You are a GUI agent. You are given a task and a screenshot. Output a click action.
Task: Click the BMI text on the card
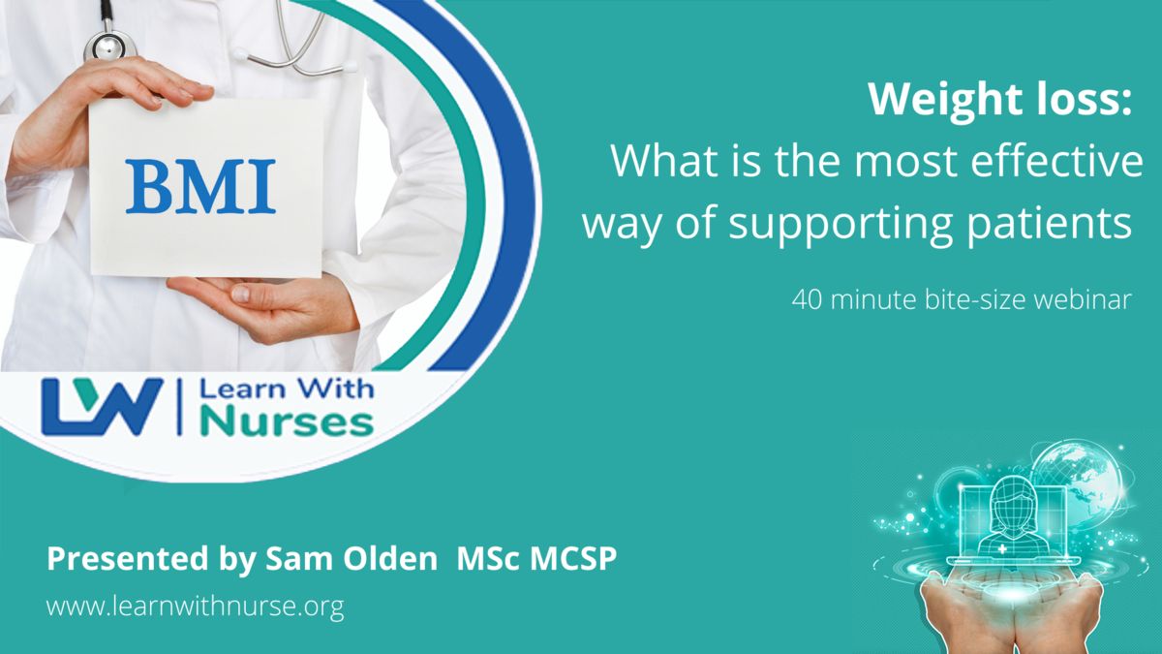click(200, 187)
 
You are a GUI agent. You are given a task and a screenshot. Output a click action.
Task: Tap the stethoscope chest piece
click(109, 46)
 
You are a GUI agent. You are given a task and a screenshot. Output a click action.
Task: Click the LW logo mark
click(103, 407)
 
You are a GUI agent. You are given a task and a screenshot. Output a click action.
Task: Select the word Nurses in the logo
click(287, 423)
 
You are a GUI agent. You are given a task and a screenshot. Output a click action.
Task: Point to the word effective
click(1056, 161)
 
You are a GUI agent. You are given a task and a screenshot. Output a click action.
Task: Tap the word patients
click(1049, 222)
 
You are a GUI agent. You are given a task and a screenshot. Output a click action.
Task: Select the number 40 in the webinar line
click(808, 300)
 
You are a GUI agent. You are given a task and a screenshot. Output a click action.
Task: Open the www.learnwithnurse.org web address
click(195, 606)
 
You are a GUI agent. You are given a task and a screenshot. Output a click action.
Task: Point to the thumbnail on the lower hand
click(241, 294)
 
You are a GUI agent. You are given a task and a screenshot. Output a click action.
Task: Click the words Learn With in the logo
click(287, 389)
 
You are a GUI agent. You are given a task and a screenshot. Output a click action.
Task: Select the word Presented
click(128, 558)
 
